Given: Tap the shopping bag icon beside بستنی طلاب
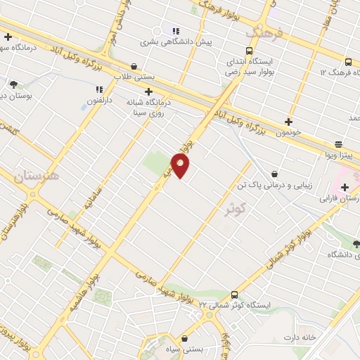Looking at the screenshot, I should [x=134, y=67].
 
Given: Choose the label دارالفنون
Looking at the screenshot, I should [x=98, y=100].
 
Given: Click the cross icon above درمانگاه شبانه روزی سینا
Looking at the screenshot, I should [x=148, y=91].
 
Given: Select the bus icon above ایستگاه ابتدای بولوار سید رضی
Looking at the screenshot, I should [x=249, y=51].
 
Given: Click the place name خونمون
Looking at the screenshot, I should [x=288, y=131].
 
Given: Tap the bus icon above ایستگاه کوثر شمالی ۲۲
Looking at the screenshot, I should [x=235, y=295].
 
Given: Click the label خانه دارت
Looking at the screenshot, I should [x=302, y=338].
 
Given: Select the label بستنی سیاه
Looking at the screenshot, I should [x=183, y=349].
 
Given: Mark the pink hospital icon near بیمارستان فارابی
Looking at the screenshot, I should [x=344, y=187].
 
